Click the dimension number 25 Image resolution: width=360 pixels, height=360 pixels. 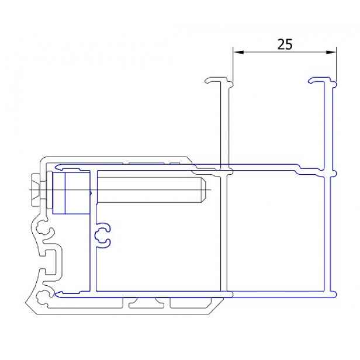click(285, 44)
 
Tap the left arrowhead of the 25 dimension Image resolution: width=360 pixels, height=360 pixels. click(238, 53)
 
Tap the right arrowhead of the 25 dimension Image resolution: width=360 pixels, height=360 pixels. click(331, 53)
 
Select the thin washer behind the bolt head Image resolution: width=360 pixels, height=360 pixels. click(49, 190)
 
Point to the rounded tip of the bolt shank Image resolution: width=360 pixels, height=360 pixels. click(204, 190)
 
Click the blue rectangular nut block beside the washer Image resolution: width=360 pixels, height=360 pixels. click(71, 192)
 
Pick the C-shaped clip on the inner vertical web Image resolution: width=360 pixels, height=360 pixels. click(103, 236)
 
